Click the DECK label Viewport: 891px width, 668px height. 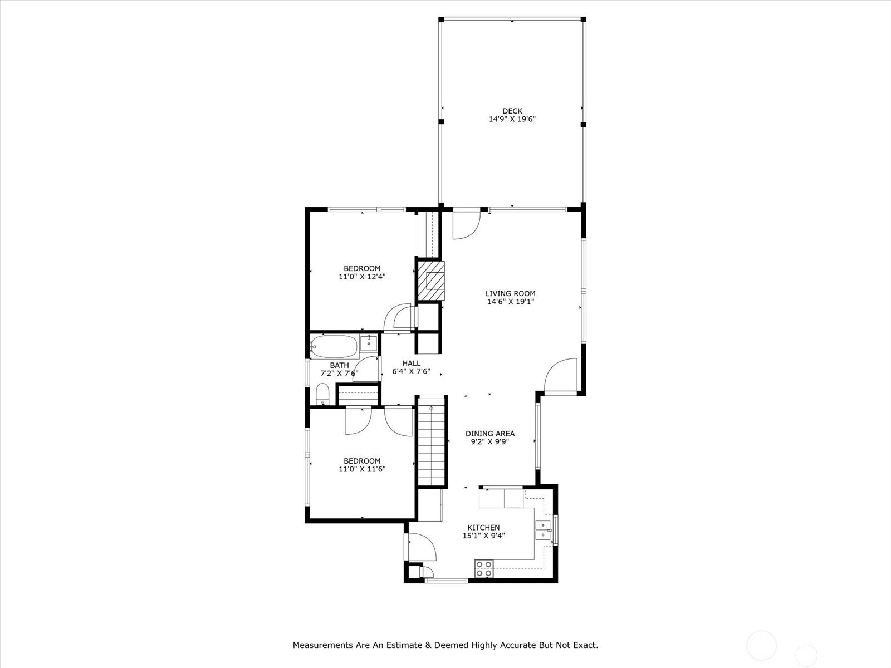[512, 111]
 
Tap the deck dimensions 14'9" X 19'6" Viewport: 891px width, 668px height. [512, 119]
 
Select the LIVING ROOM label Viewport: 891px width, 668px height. [511, 293]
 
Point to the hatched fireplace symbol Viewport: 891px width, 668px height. [431, 280]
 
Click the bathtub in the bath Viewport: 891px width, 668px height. [334, 346]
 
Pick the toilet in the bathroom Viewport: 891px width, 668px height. [322, 394]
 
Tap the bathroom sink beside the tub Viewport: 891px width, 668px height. [369, 343]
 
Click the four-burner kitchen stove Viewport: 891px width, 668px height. [484, 568]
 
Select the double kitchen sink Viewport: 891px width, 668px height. [543, 530]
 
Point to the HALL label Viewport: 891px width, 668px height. [411, 363]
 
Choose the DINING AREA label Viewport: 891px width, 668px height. [490, 434]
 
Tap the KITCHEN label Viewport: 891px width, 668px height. [483, 527]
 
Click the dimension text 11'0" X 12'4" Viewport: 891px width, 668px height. [362, 277]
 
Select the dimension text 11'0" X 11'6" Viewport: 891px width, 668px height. [362, 469]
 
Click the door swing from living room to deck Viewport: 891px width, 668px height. [467, 225]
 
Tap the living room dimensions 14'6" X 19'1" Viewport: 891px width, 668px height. [511, 301]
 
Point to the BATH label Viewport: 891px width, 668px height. [339, 365]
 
